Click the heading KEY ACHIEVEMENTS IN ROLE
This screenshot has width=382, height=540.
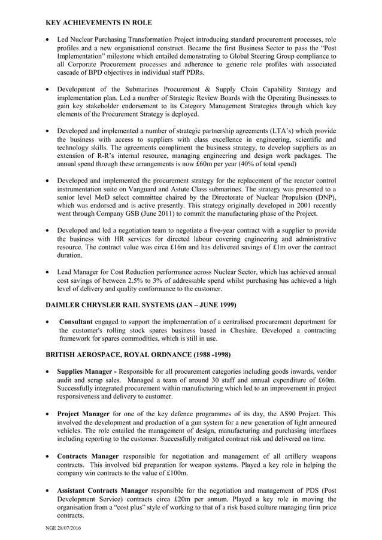pyautogui.click(x=99, y=23)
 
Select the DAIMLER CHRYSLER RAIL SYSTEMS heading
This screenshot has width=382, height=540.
pyautogui.click(x=141, y=305)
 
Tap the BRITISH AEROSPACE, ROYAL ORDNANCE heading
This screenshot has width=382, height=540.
pyautogui.click(x=138, y=354)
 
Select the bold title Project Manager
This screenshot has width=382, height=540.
pyautogui.click(x=83, y=413)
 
